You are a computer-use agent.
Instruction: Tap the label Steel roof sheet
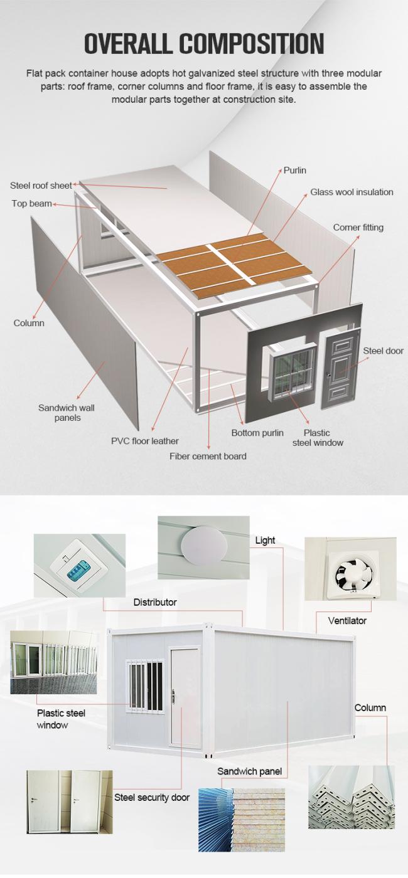coord(41,186)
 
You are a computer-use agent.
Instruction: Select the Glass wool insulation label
coord(352,192)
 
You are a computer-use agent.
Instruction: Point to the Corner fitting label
coord(358,227)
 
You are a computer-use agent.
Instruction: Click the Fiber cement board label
coord(208,457)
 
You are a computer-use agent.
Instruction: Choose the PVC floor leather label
coord(145,441)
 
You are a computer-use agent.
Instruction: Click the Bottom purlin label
coord(257,433)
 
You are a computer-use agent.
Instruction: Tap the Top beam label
coord(31,203)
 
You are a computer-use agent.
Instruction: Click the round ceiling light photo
coord(203,547)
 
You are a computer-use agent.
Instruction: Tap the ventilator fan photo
coord(351,569)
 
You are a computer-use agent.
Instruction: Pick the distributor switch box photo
coord(80,565)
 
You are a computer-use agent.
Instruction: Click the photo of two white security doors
coord(70,800)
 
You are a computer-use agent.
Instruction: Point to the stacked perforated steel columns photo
coord(352,797)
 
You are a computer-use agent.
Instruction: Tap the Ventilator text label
coord(347,620)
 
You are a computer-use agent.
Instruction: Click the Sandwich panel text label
coord(250,771)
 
